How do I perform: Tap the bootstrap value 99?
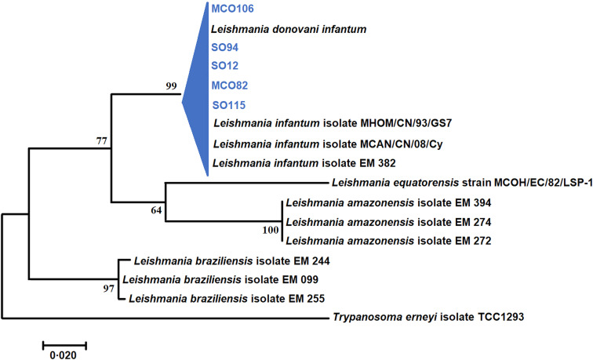173,86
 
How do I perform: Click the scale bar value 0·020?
64,354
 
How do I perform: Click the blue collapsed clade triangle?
199,94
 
